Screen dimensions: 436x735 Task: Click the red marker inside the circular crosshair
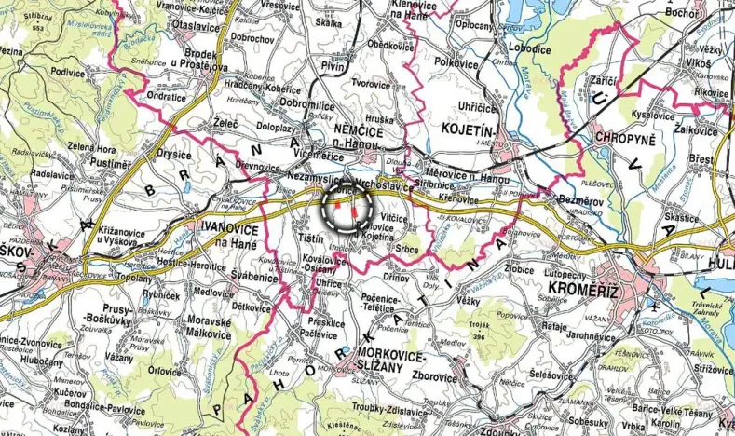coord(354,211)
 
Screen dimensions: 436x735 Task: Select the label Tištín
coord(310,238)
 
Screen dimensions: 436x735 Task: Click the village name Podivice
coord(67,69)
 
